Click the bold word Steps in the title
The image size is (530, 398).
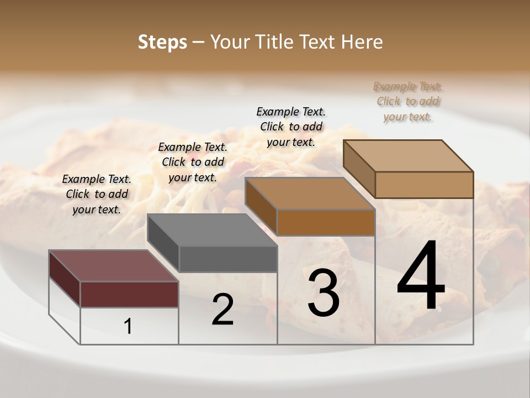[162, 42]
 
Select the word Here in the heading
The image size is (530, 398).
[362, 42]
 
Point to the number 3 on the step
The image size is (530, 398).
[324, 293]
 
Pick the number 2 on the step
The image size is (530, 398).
[223, 310]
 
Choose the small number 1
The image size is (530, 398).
[128, 326]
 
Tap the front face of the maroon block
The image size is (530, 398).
[129, 294]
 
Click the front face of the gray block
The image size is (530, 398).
[227, 259]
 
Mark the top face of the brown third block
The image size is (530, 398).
[310, 193]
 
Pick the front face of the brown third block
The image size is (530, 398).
[326, 222]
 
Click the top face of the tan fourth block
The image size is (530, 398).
[408, 156]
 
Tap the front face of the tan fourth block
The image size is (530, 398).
[424, 185]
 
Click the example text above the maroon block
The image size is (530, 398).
[97, 194]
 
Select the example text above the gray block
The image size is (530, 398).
[193, 162]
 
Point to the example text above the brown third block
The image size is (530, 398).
[291, 127]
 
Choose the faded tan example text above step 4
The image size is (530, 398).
[408, 101]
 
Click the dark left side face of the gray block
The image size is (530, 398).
[163, 243]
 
